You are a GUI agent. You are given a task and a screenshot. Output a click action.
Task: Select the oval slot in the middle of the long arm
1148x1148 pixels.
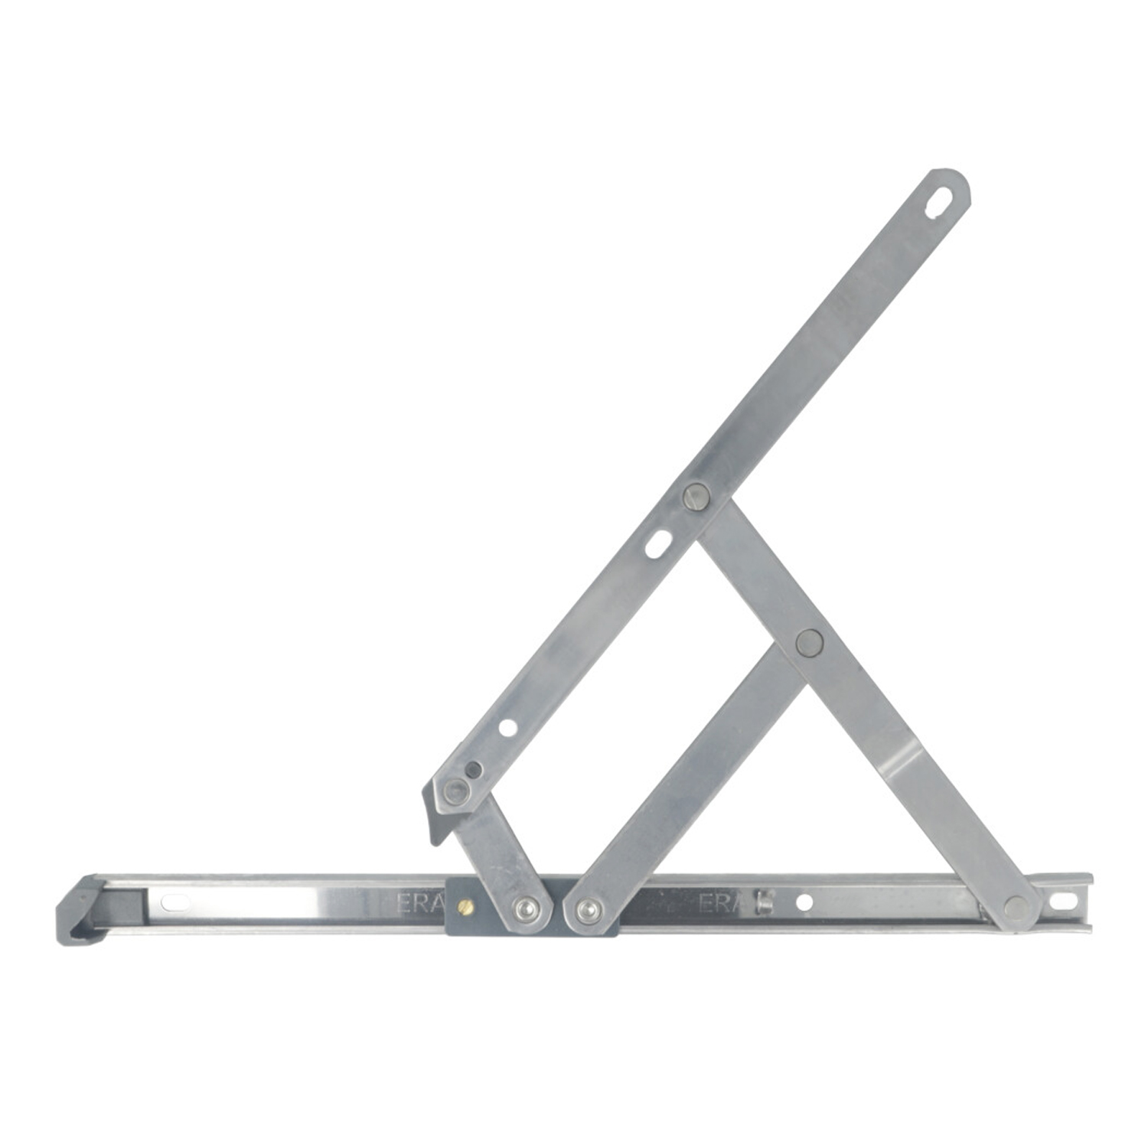[x=657, y=545]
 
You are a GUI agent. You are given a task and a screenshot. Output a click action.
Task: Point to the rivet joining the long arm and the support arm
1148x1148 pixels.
[x=695, y=497]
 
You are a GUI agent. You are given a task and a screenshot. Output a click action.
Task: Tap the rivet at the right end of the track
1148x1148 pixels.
[x=1016, y=908]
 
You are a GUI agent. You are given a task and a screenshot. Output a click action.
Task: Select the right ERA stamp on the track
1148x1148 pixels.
[x=718, y=903]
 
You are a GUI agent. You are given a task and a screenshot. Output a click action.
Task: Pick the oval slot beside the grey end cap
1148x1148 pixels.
[x=175, y=903]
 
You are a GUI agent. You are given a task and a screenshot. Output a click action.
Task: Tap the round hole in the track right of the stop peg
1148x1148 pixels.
[x=804, y=902]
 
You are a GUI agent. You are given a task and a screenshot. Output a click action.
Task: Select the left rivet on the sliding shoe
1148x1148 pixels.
[x=525, y=908]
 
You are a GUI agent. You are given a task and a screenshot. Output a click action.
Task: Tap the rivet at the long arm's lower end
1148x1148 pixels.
[x=455, y=791]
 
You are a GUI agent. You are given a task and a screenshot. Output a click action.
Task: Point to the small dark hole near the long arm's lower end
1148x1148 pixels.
[x=474, y=769]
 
